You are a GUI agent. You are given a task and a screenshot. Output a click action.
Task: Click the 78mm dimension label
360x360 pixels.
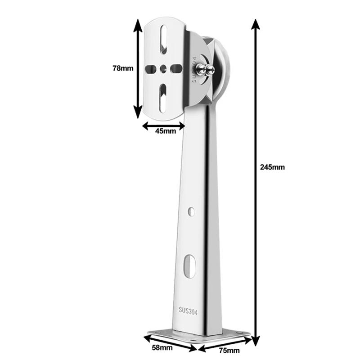click(x=123, y=69)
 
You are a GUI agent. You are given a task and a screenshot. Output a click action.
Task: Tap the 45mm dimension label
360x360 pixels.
click(x=165, y=131)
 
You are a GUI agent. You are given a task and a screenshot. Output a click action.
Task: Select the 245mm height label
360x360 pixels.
click(x=272, y=167)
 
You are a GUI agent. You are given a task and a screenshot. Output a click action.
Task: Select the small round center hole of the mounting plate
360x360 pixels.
click(x=162, y=68)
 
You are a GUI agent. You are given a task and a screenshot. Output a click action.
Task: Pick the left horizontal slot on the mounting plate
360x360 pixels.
click(x=150, y=69)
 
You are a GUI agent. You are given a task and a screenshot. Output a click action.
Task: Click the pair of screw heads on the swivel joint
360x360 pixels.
click(x=205, y=69)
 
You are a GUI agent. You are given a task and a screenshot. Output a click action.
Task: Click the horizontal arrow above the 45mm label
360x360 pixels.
click(x=163, y=126)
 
